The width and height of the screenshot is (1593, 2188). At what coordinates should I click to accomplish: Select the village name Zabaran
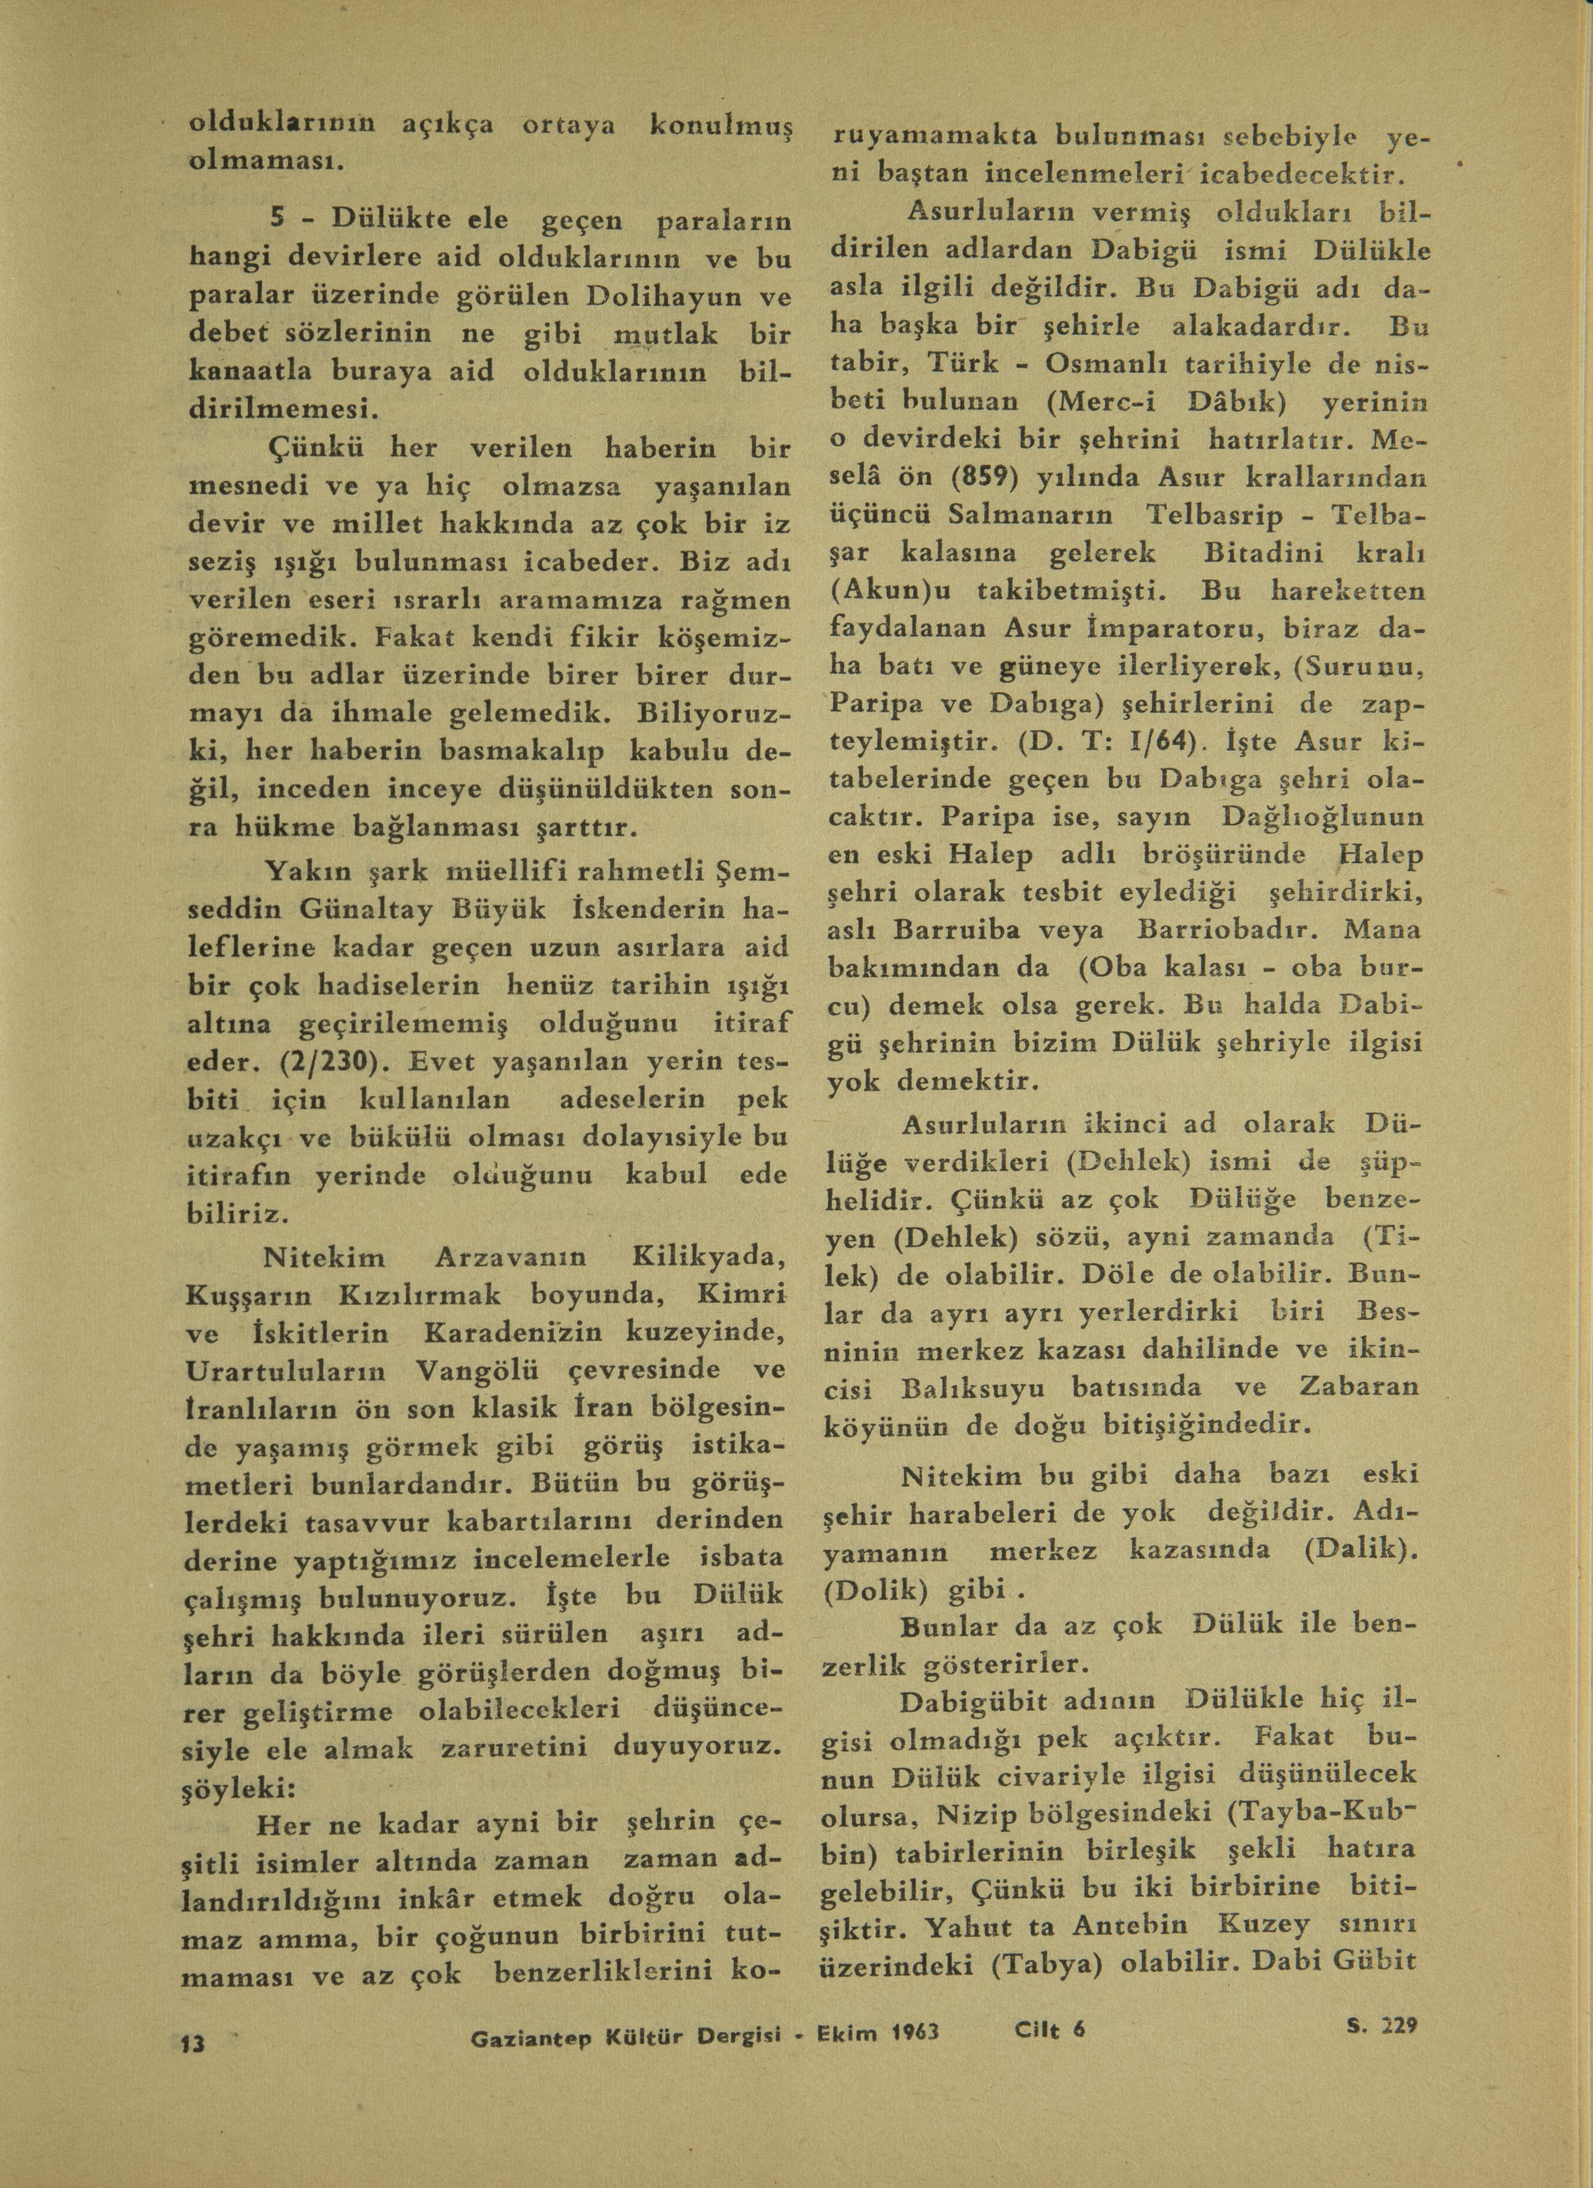1359,1387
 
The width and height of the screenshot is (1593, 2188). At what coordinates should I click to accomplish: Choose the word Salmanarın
1030,516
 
